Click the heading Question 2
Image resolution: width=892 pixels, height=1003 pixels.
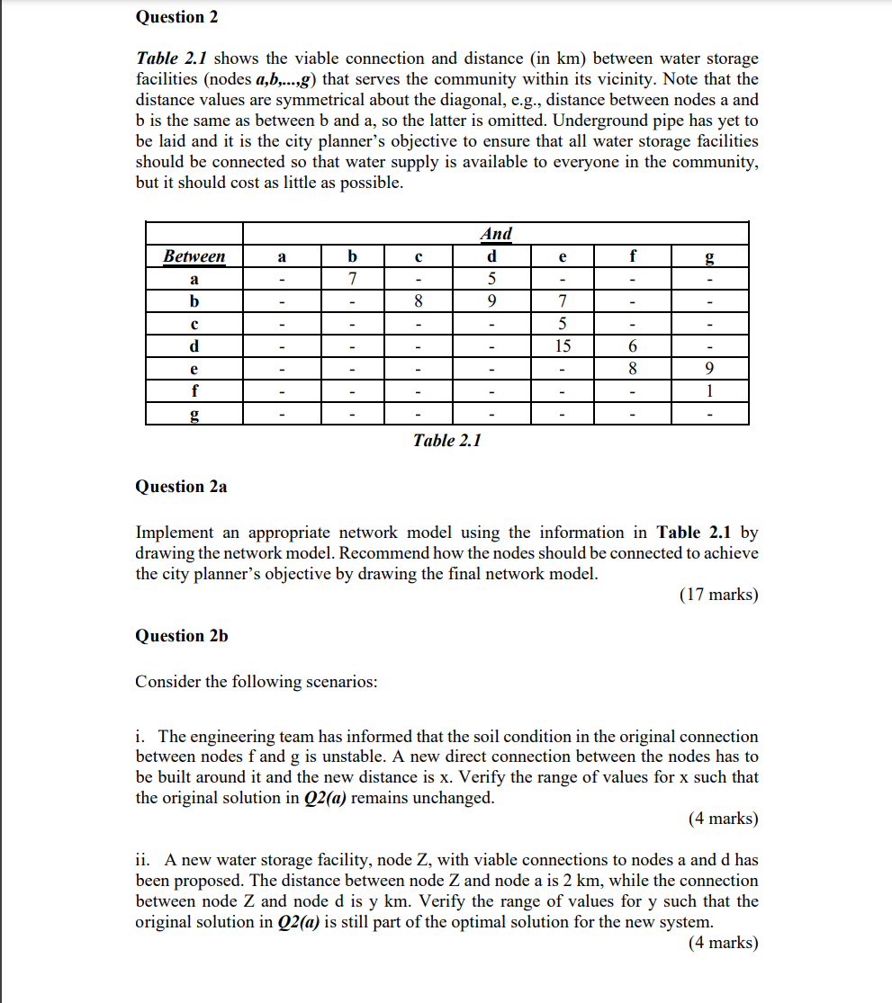point(176,17)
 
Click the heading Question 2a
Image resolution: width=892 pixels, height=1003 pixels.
point(181,487)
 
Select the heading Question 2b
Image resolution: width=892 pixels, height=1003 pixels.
point(182,636)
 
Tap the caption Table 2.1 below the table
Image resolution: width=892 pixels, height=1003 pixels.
point(447,441)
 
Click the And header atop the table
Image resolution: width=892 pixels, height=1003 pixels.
point(496,234)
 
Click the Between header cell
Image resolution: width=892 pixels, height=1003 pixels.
point(194,257)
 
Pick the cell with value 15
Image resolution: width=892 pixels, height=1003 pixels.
point(563,346)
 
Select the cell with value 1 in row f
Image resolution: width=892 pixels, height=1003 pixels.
point(710,391)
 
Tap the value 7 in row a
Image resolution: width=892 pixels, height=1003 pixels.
point(353,279)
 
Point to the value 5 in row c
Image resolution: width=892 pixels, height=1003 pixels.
point(563,324)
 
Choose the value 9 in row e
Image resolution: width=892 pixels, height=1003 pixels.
point(710,369)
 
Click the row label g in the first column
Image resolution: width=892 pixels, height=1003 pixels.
point(194,415)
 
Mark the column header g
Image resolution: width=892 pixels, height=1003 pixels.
point(710,257)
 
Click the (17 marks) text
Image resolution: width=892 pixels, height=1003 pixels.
point(718,595)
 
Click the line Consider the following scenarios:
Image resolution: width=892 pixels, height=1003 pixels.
point(257,682)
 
